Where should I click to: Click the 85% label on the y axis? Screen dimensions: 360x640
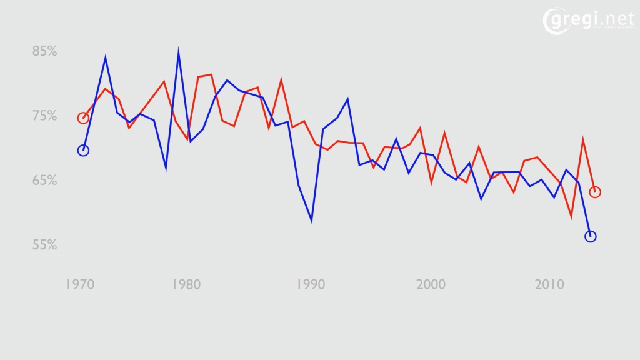tap(45, 51)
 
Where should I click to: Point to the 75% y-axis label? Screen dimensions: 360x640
tap(45, 116)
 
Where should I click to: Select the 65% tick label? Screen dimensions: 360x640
tap(45, 181)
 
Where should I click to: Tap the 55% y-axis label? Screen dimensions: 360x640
tap(45, 245)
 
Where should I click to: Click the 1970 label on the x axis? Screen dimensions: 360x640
tap(80, 285)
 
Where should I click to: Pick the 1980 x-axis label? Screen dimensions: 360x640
tap(186, 285)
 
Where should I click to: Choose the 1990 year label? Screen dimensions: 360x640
tap(311, 285)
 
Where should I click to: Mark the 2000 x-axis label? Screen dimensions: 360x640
tap(431, 285)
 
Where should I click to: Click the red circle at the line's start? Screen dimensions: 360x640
tap(83, 118)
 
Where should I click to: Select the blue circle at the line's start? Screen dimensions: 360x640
tap(83, 150)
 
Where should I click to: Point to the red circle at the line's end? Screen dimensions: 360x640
tap(595, 192)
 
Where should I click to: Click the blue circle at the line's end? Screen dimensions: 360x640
tap(590, 236)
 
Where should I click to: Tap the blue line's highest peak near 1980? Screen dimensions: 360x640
tap(178, 51)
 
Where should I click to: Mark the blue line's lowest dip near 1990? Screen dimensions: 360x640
tap(311, 221)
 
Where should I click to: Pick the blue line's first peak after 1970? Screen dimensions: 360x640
tap(105, 57)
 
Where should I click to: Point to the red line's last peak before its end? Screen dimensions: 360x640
tap(582, 140)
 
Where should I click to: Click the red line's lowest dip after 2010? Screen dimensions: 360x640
tap(571, 217)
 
